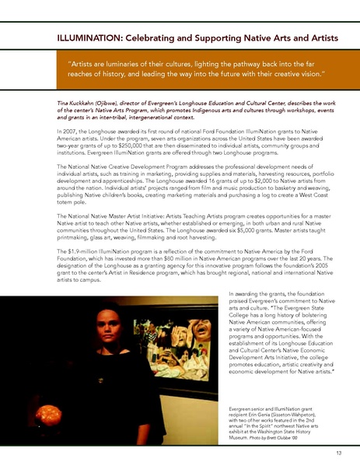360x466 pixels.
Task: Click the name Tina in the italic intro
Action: click(x=63, y=102)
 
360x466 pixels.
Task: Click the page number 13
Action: click(x=339, y=451)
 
